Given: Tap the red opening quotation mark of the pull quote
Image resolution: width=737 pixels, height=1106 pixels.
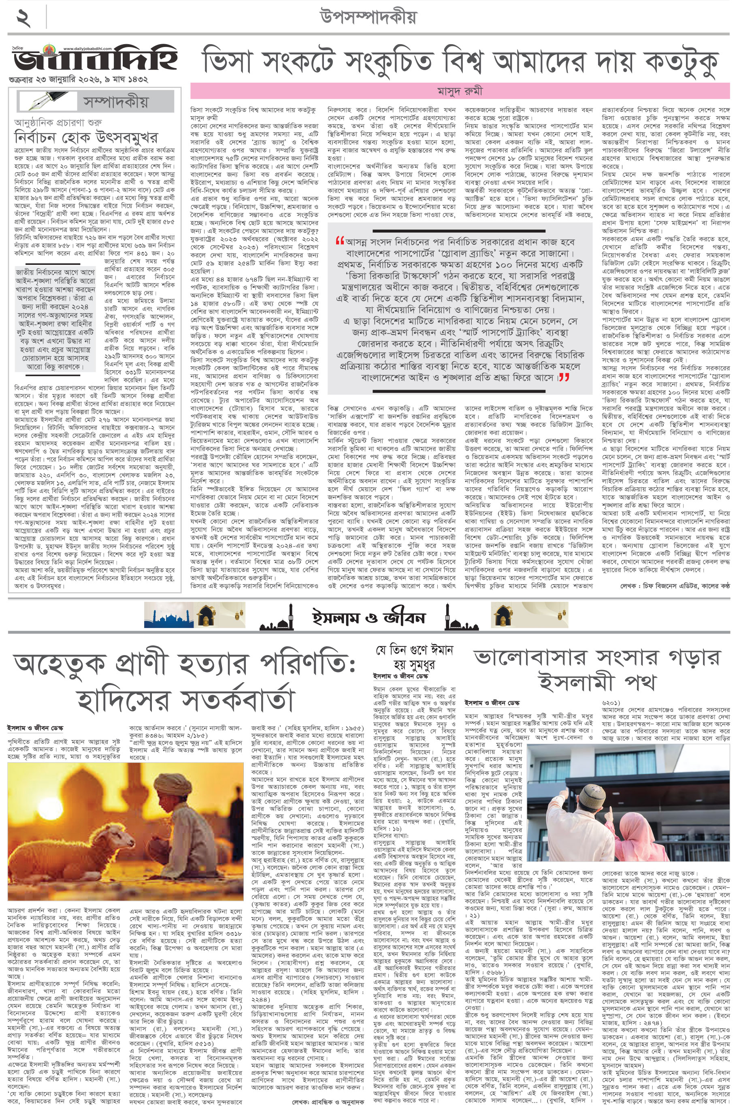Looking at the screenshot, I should click(339, 242).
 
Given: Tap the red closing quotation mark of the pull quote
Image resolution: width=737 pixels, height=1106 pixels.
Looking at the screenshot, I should click(564, 377).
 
